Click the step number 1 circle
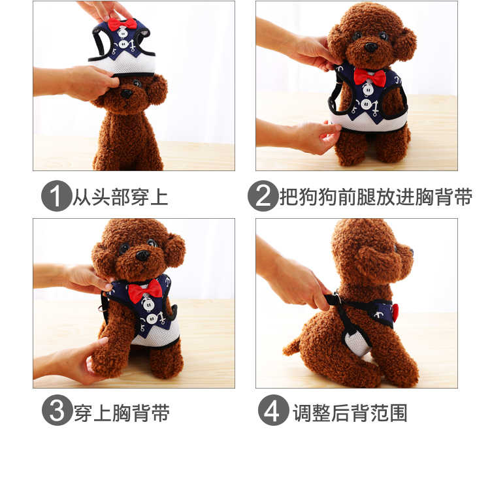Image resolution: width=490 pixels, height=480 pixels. click(x=57, y=196)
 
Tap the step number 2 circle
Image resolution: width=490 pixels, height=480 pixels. click(x=263, y=196)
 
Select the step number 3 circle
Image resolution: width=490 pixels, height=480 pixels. click(x=57, y=410)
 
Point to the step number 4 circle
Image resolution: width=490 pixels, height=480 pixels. click(x=274, y=410)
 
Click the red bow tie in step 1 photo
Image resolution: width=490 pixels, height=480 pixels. click(x=122, y=24)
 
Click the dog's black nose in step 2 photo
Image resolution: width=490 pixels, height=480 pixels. click(x=371, y=47)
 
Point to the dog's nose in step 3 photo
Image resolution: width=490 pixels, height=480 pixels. click(x=142, y=255)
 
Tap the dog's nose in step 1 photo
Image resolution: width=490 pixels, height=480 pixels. click(x=126, y=93)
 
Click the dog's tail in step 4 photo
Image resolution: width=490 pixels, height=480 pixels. click(x=291, y=346)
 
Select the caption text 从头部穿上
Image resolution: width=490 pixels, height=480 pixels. click(x=121, y=197)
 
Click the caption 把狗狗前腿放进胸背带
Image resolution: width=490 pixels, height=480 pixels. click(x=376, y=197)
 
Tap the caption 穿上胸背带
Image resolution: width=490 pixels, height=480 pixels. click(x=122, y=413)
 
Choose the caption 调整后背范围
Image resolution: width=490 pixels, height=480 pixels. click(x=350, y=413)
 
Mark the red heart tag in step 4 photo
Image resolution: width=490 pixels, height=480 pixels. click(x=395, y=313)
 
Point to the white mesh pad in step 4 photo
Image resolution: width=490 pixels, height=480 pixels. click(x=356, y=343)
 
